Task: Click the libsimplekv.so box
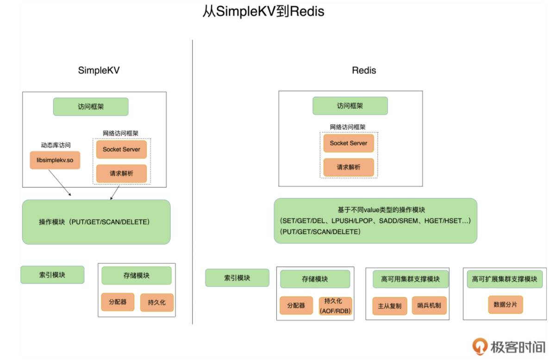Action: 55,160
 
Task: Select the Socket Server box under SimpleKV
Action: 121,149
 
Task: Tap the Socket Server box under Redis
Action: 349,143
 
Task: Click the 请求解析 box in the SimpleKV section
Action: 121,173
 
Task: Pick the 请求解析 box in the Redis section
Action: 349,167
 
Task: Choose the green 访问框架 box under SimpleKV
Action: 91,107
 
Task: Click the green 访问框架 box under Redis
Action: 350,106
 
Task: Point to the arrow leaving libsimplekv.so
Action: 60,183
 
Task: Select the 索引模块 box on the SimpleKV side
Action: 52,275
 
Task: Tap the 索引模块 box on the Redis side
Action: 237,278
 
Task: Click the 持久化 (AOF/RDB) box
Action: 335,306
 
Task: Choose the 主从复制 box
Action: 390,306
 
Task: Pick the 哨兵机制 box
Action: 429,305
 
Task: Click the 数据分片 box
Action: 506,304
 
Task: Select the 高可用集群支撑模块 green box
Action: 411,279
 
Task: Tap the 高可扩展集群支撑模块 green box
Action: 505,279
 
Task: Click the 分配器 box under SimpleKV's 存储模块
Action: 118,302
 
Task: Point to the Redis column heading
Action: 364,70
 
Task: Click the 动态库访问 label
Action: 56,145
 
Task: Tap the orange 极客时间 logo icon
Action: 480,346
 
